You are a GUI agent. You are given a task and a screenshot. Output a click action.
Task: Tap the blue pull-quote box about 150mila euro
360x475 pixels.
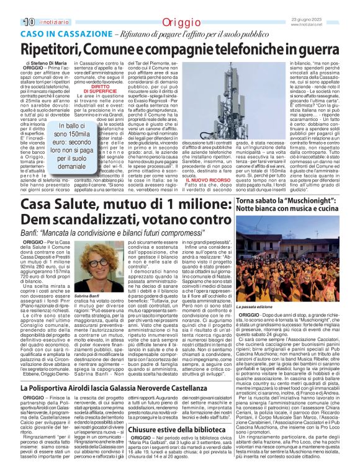coord(74,146)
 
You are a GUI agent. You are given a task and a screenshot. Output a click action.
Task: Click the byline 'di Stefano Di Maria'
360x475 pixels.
coord(47,63)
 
